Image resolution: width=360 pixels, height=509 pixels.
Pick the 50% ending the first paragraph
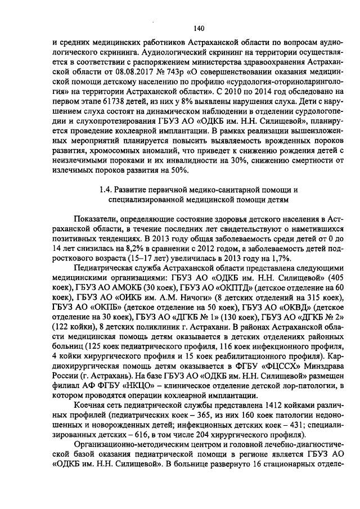(x=182, y=171)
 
